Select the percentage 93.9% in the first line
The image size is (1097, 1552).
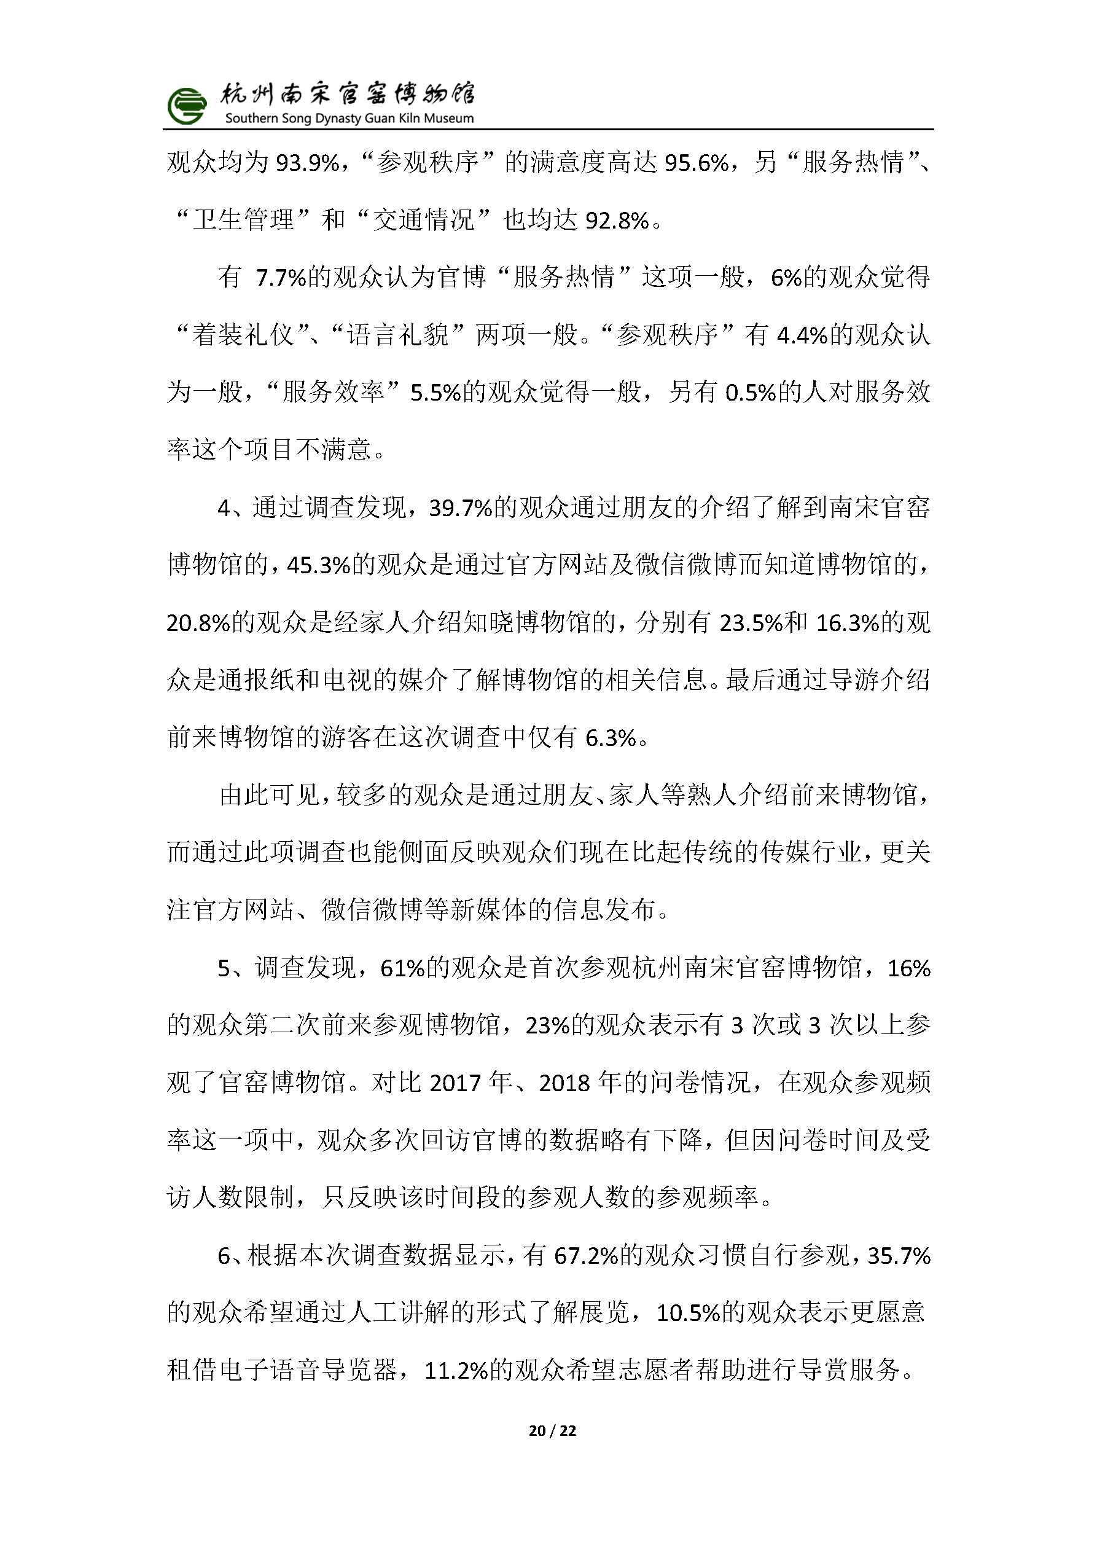(x=308, y=163)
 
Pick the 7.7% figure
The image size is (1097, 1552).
(x=281, y=278)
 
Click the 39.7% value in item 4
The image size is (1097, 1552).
(x=460, y=508)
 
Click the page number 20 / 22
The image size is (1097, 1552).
(x=552, y=1430)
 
